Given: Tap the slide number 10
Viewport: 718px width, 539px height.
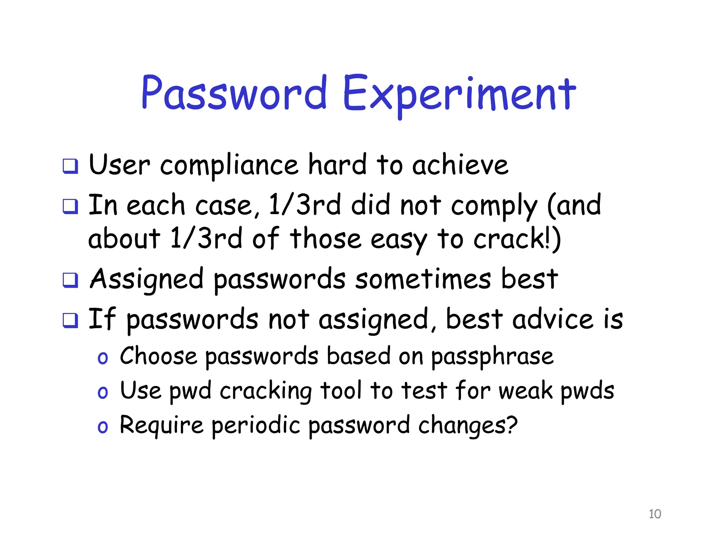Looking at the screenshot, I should click(655, 514).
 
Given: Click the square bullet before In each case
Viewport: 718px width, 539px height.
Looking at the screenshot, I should click(70, 206).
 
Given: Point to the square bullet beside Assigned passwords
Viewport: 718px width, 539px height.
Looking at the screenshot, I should click(70, 280).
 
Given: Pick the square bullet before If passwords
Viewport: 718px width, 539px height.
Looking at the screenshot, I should click(70, 320).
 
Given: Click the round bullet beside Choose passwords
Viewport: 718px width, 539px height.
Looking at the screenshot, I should click(103, 358).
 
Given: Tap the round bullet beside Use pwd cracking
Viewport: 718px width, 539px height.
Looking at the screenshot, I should click(103, 392).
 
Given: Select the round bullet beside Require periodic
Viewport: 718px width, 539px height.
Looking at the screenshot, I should click(103, 427).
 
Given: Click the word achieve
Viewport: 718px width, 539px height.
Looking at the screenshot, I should click(460, 165).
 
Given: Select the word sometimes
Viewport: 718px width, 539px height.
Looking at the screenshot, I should click(423, 279).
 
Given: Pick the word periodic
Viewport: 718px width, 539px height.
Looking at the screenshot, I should click(256, 426).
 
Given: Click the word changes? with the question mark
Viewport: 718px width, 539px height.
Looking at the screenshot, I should click(468, 426).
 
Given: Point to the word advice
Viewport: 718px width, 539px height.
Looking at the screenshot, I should click(553, 319).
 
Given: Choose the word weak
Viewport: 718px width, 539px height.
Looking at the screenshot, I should click(525, 391).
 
